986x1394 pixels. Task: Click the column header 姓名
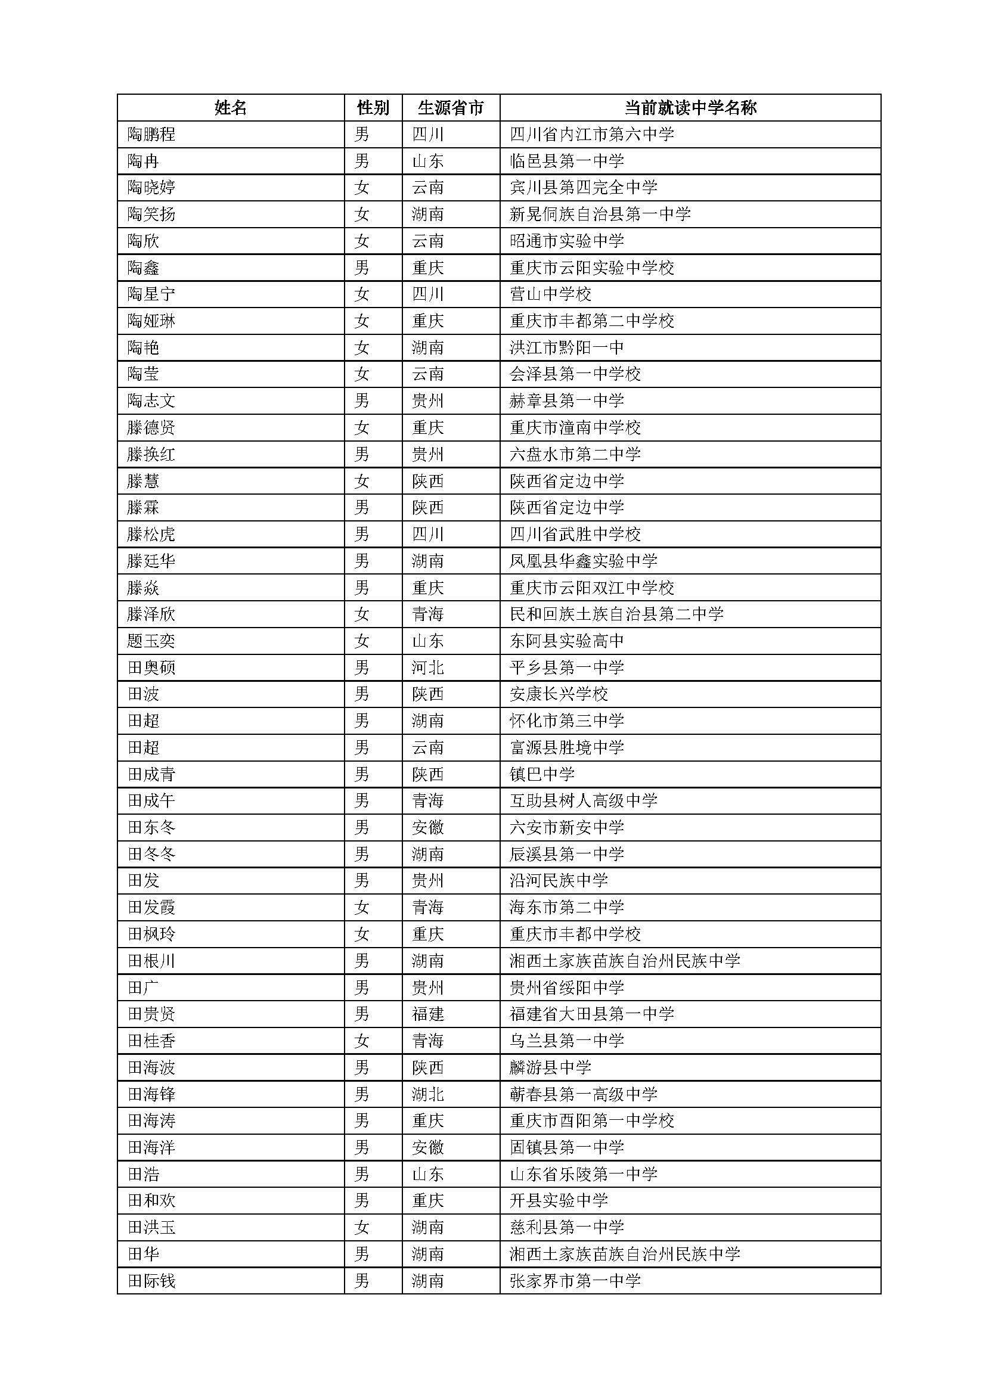click(231, 107)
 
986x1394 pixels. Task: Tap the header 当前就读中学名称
click(690, 107)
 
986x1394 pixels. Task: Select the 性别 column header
click(373, 107)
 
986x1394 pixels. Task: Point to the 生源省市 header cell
click(451, 107)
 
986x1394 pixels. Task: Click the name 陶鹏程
click(151, 134)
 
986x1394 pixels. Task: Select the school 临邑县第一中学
click(566, 161)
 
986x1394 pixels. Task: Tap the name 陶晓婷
click(151, 187)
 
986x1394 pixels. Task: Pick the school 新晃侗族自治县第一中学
click(600, 214)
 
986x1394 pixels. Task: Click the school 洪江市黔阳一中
click(566, 347)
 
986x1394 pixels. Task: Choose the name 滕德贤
click(151, 427)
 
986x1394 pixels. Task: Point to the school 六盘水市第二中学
click(575, 454)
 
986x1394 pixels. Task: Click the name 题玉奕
click(151, 641)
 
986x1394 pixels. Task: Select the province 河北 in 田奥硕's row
click(427, 667)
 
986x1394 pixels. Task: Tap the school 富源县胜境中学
click(566, 747)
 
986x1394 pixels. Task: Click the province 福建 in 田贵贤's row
click(427, 1014)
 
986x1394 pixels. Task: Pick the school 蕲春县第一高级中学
click(584, 1094)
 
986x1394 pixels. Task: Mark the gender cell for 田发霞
click(362, 907)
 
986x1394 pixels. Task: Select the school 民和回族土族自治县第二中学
click(616, 614)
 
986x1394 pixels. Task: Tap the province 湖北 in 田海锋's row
click(427, 1094)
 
